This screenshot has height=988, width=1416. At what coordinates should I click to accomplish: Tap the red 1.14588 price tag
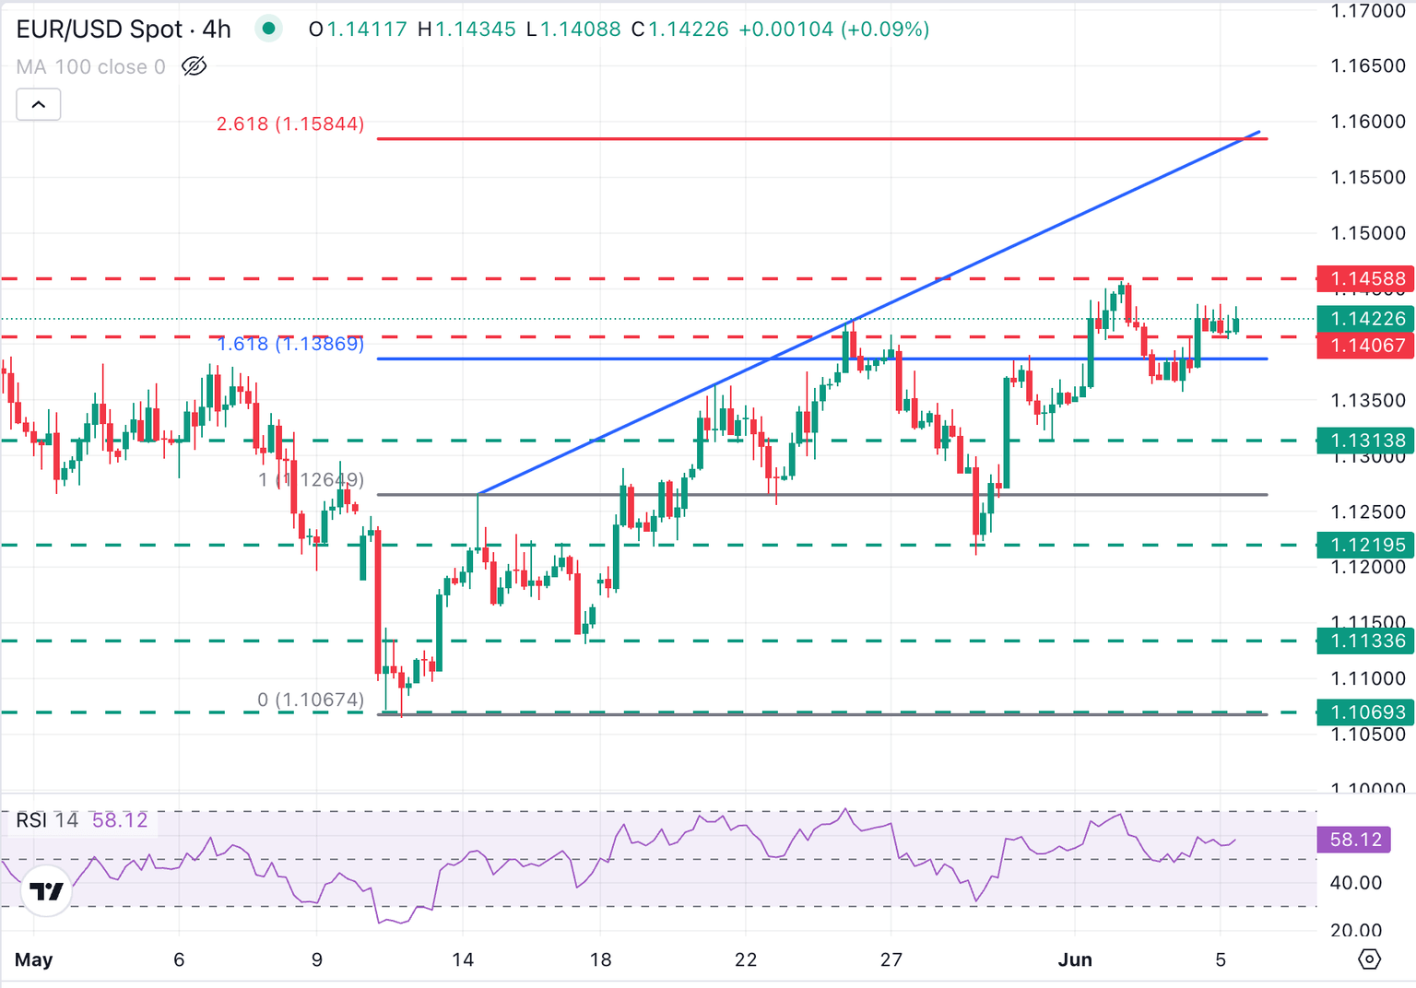pyautogui.click(x=1367, y=278)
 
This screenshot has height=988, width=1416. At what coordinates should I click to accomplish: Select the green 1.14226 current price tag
pyautogui.click(x=1367, y=319)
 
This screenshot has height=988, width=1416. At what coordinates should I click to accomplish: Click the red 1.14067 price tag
pyautogui.click(x=1367, y=346)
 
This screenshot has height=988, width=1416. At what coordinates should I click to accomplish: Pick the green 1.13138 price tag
pyautogui.click(x=1367, y=441)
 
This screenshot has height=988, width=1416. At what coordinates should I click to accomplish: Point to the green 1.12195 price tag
pyautogui.click(x=1367, y=545)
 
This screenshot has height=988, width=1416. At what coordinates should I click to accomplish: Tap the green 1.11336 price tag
pyautogui.click(x=1367, y=641)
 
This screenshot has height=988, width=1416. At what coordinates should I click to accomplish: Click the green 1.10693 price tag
pyautogui.click(x=1367, y=712)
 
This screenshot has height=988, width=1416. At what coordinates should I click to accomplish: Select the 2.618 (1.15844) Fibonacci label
pyautogui.click(x=290, y=123)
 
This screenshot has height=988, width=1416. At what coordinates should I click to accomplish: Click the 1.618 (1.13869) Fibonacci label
pyautogui.click(x=290, y=345)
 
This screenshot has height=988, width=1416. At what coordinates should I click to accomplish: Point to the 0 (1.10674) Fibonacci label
pyautogui.click(x=311, y=700)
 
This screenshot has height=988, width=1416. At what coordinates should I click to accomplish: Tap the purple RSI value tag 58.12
pyautogui.click(x=1355, y=840)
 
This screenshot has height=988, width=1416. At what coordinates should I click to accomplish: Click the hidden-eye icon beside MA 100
pyautogui.click(x=195, y=66)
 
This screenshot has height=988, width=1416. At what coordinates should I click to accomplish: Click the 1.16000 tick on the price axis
pyautogui.click(x=1368, y=122)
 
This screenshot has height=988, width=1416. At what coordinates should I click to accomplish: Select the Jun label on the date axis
pyautogui.click(x=1075, y=959)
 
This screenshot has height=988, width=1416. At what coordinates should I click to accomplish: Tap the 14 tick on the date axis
pyautogui.click(x=463, y=959)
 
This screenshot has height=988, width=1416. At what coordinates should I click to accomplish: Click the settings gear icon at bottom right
pyautogui.click(x=1370, y=959)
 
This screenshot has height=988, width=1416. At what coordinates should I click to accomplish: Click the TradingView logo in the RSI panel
pyautogui.click(x=46, y=891)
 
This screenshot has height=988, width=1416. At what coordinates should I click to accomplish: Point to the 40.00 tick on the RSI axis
pyautogui.click(x=1357, y=883)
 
